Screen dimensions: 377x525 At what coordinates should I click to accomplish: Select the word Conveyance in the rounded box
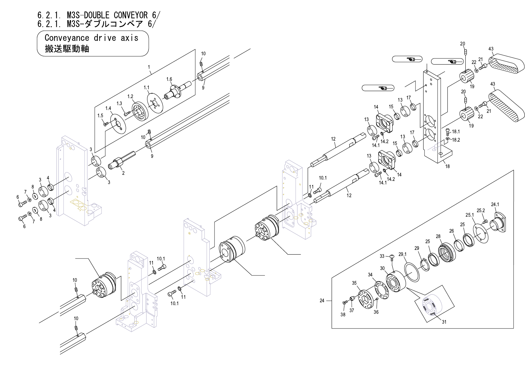coord(67,38)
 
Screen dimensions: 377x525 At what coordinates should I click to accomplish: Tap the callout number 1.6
coord(169,79)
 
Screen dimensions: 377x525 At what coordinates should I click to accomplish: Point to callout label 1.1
coord(146,87)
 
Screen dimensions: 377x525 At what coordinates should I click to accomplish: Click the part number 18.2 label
coord(456,140)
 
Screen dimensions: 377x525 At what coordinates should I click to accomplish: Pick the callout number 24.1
coord(495,204)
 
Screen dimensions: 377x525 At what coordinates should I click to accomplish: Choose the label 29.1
coord(402,254)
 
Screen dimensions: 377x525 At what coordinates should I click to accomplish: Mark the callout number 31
coord(444,322)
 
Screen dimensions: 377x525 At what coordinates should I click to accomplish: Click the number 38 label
coord(343,314)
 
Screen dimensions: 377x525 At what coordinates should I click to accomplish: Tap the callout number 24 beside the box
coord(322,301)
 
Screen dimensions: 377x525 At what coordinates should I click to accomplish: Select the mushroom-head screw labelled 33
coord(392,257)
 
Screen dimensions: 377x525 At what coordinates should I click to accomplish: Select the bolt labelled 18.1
coord(447,131)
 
